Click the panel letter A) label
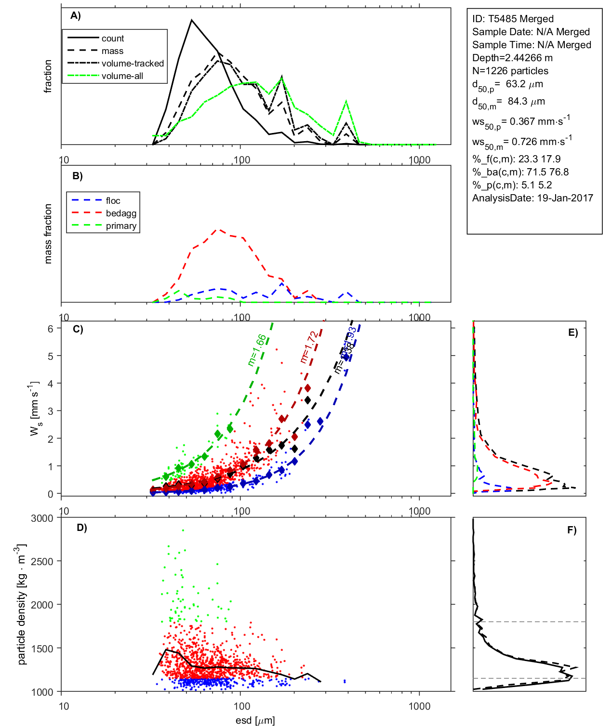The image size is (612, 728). (x=76, y=15)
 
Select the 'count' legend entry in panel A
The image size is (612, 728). (x=112, y=39)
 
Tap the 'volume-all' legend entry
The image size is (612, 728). (x=122, y=76)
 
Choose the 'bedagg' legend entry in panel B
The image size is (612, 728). (x=121, y=213)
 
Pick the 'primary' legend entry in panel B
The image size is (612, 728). (x=121, y=226)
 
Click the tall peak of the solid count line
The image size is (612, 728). (x=192, y=20)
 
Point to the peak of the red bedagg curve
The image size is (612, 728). (x=219, y=230)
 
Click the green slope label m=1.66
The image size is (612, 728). (x=256, y=350)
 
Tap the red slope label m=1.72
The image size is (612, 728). (x=308, y=347)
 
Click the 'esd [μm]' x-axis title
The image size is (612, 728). (x=255, y=720)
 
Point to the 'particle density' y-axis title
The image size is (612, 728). (x=21, y=605)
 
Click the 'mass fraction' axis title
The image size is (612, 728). (x=48, y=234)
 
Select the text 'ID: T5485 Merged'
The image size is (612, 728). (x=513, y=19)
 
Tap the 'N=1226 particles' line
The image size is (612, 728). (x=510, y=71)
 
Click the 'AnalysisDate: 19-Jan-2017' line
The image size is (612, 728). (x=532, y=198)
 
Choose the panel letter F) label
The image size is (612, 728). (x=572, y=530)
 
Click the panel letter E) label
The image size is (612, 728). (x=572, y=332)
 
